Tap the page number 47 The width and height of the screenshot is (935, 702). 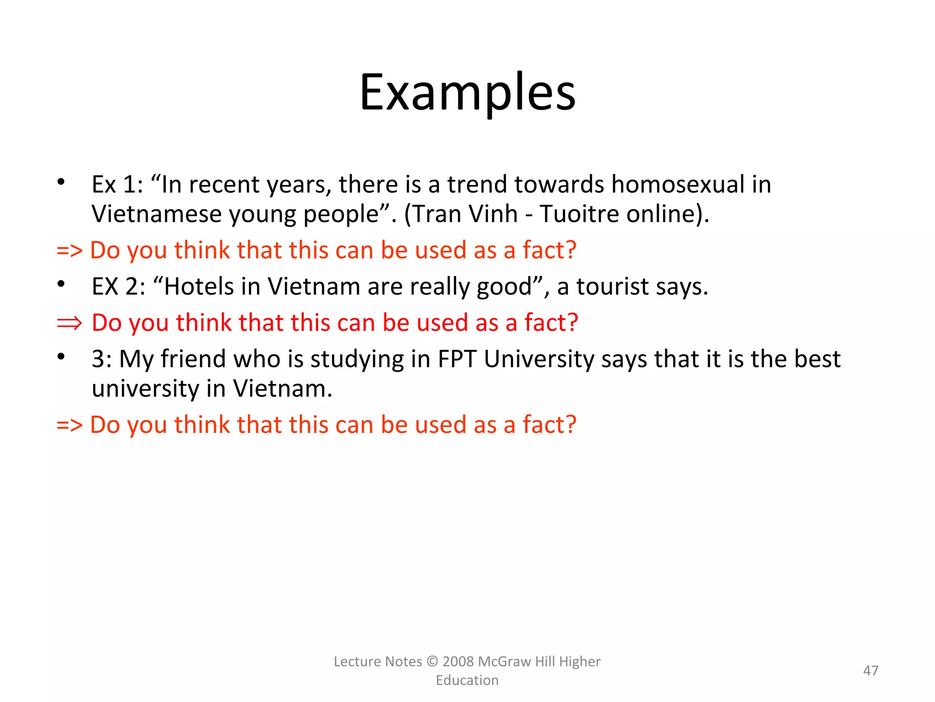(871, 670)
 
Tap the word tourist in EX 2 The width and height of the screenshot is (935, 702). (612, 287)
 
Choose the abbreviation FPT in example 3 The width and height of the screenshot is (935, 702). (457, 359)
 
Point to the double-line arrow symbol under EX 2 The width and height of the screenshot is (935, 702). (69, 323)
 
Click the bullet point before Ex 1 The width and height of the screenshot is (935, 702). (61, 182)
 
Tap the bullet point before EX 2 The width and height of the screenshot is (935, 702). (61, 284)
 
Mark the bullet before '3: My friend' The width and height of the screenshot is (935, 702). (61, 356)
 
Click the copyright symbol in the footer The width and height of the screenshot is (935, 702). (432, 661)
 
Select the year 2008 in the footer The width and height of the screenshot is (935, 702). (458, 661)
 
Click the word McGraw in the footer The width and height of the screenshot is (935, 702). (504, 661)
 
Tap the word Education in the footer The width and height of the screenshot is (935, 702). (467, 681)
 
